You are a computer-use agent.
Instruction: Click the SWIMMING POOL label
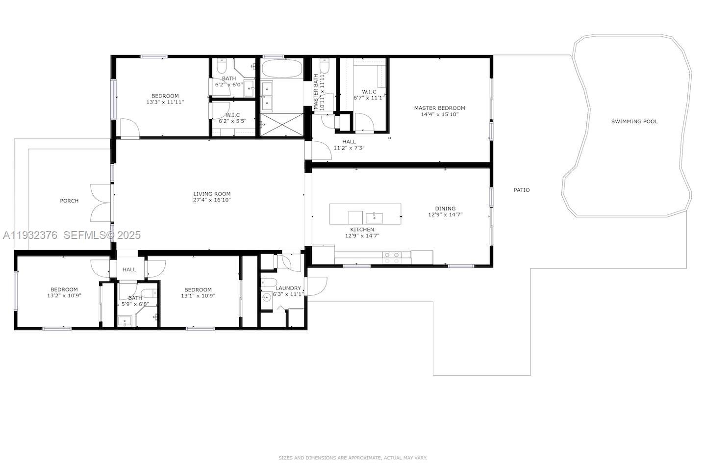pos(634,121)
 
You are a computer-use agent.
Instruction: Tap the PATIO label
pos(521,190)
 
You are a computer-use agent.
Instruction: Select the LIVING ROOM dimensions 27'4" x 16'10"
pos(211,200)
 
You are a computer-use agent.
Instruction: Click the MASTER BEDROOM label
pos(439,108)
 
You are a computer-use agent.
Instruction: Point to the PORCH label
pos(69,201)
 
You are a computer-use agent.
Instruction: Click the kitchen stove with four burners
pos(392,257)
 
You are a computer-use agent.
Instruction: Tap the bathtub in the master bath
pos(281,68)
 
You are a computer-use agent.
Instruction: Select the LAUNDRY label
pos(288,288)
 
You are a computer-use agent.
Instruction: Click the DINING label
pos(445,209)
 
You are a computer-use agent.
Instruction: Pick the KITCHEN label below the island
pos(362,230)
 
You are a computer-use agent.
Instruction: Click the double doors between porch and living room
pos(101,202)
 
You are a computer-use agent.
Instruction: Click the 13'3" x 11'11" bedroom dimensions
pos(165,103)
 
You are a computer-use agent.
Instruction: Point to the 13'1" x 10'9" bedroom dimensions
pos(198,296)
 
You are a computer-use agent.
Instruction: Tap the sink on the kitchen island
pos(377,216)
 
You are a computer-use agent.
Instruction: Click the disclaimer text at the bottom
pos(353,458)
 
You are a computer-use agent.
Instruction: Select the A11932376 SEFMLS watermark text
pos(72,235)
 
